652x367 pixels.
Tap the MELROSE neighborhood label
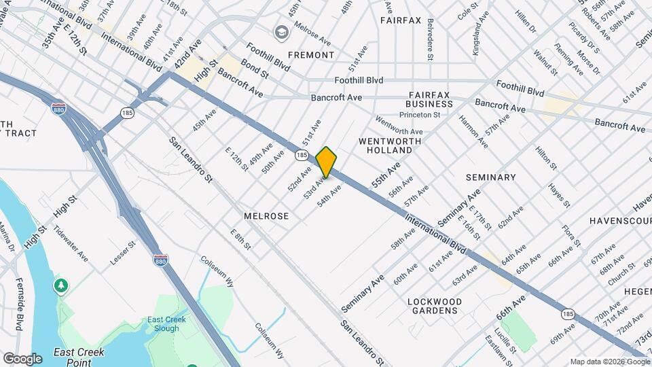266,216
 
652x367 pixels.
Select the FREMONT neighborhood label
311,55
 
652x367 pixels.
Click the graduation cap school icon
280,32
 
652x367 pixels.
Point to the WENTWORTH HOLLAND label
390,146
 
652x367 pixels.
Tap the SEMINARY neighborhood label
491,177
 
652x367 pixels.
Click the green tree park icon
62,285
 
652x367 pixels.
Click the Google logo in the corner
22,358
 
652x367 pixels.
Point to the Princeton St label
420,116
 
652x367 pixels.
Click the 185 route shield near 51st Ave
302,156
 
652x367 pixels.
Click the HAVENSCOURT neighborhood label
620,221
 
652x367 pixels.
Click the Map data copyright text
609,362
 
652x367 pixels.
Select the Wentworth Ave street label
399,127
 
